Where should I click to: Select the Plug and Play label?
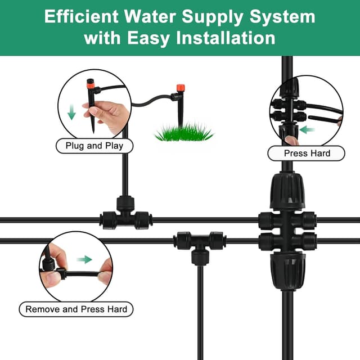pyautogui.click(x=94, y=146)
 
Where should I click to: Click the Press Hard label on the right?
pyautogui.click(x=307, y=153)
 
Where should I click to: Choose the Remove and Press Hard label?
pyautogui.click(x=76, y=309)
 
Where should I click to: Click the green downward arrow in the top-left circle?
pyautogui.click(x=71, y=112)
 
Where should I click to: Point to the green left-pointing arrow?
pyautogui.click(x=308, y=129)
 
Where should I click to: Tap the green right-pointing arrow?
pyautogui.click(x=84, y=259)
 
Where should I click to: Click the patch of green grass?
pyautogui.click(x=184, y=133)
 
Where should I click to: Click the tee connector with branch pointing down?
pyautogui.click(x=198, y=245)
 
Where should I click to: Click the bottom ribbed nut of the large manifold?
pyautogui.click(x=287, y=269)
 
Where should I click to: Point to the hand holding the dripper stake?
pyautogui.click(x=107, y=115)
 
